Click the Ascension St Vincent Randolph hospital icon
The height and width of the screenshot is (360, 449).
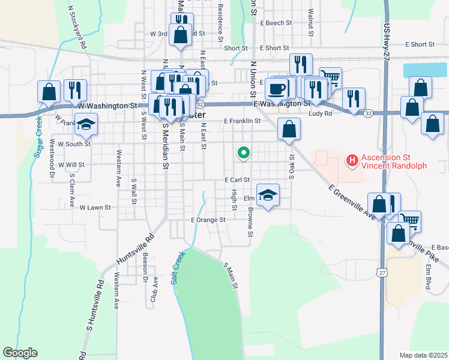(x=352, y=161)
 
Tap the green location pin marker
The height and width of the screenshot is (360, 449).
(x=243, y=154)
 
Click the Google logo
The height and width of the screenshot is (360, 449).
(x=20, y=353)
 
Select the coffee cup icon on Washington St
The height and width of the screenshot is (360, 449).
(x=277, y=89)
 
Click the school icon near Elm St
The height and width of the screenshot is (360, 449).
(x=268, y=194)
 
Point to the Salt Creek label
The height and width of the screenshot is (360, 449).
(x=178, y=268)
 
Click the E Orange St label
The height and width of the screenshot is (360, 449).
(x=208, y=220)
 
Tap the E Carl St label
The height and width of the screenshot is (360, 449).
(x=237, y=180)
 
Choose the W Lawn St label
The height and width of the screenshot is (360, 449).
(x=95, y=208)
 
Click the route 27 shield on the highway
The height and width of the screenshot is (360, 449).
(x=382, y=272)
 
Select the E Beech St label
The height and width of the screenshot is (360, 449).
(x=276, y=23)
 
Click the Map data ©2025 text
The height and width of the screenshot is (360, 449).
(x=423, y=355)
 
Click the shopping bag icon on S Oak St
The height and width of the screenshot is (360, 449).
(x=289, y=128)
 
